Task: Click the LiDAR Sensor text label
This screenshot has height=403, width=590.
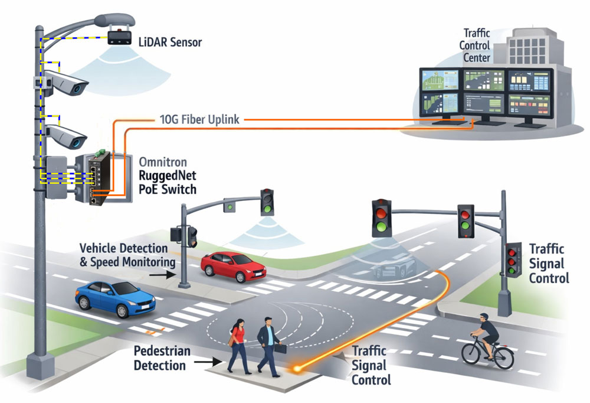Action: click(x=170, y=43)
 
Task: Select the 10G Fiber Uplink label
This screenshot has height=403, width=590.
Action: click(x=199, y=120)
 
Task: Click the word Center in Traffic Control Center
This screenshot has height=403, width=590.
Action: click(x=476, y=58)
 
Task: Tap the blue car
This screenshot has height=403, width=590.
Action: click(x=115, y=298)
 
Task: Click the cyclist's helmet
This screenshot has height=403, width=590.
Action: click(x=484, y=317)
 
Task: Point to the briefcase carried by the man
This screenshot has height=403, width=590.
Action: click(x=280, y=348)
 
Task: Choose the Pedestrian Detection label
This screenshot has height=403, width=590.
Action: click(x=162, y=358)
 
